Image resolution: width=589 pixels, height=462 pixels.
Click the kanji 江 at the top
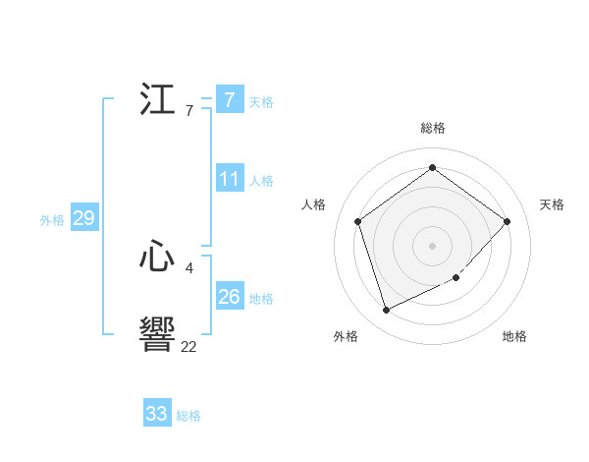(x=157, y=100)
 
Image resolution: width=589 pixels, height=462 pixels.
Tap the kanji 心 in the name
(x=157, y=258)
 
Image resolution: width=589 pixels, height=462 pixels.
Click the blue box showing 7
(x=230, y=100)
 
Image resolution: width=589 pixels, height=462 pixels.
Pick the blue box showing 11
(x=230, y=180)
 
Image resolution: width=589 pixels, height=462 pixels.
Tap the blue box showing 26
(x=230, y=297)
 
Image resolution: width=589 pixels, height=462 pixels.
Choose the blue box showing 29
(x=83, y=218)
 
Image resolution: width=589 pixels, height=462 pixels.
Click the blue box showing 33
(x=157, y=414)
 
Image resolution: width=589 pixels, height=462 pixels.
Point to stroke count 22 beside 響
(x=188, y=347)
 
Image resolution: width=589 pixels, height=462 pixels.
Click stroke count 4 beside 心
(x=188, y=267)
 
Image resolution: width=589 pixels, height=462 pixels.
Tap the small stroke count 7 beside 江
(x=188, y=111)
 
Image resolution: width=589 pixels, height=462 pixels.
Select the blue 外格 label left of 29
(x=52, y=220)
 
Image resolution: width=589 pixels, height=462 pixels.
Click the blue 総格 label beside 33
(x=188, y=416)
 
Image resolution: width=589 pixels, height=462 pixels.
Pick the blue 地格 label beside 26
(x=261, y=299)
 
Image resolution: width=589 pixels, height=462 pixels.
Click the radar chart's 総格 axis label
(x=433, y=128)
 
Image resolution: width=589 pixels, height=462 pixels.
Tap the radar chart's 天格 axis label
(x=552, y=204)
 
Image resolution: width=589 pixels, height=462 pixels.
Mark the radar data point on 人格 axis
(x=358, y=221)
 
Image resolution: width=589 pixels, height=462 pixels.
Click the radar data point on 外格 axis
(x=386, y=310)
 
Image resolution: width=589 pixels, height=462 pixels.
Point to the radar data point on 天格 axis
(x=507, y=221)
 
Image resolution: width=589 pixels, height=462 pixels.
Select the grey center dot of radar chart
(x=432, y=245)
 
